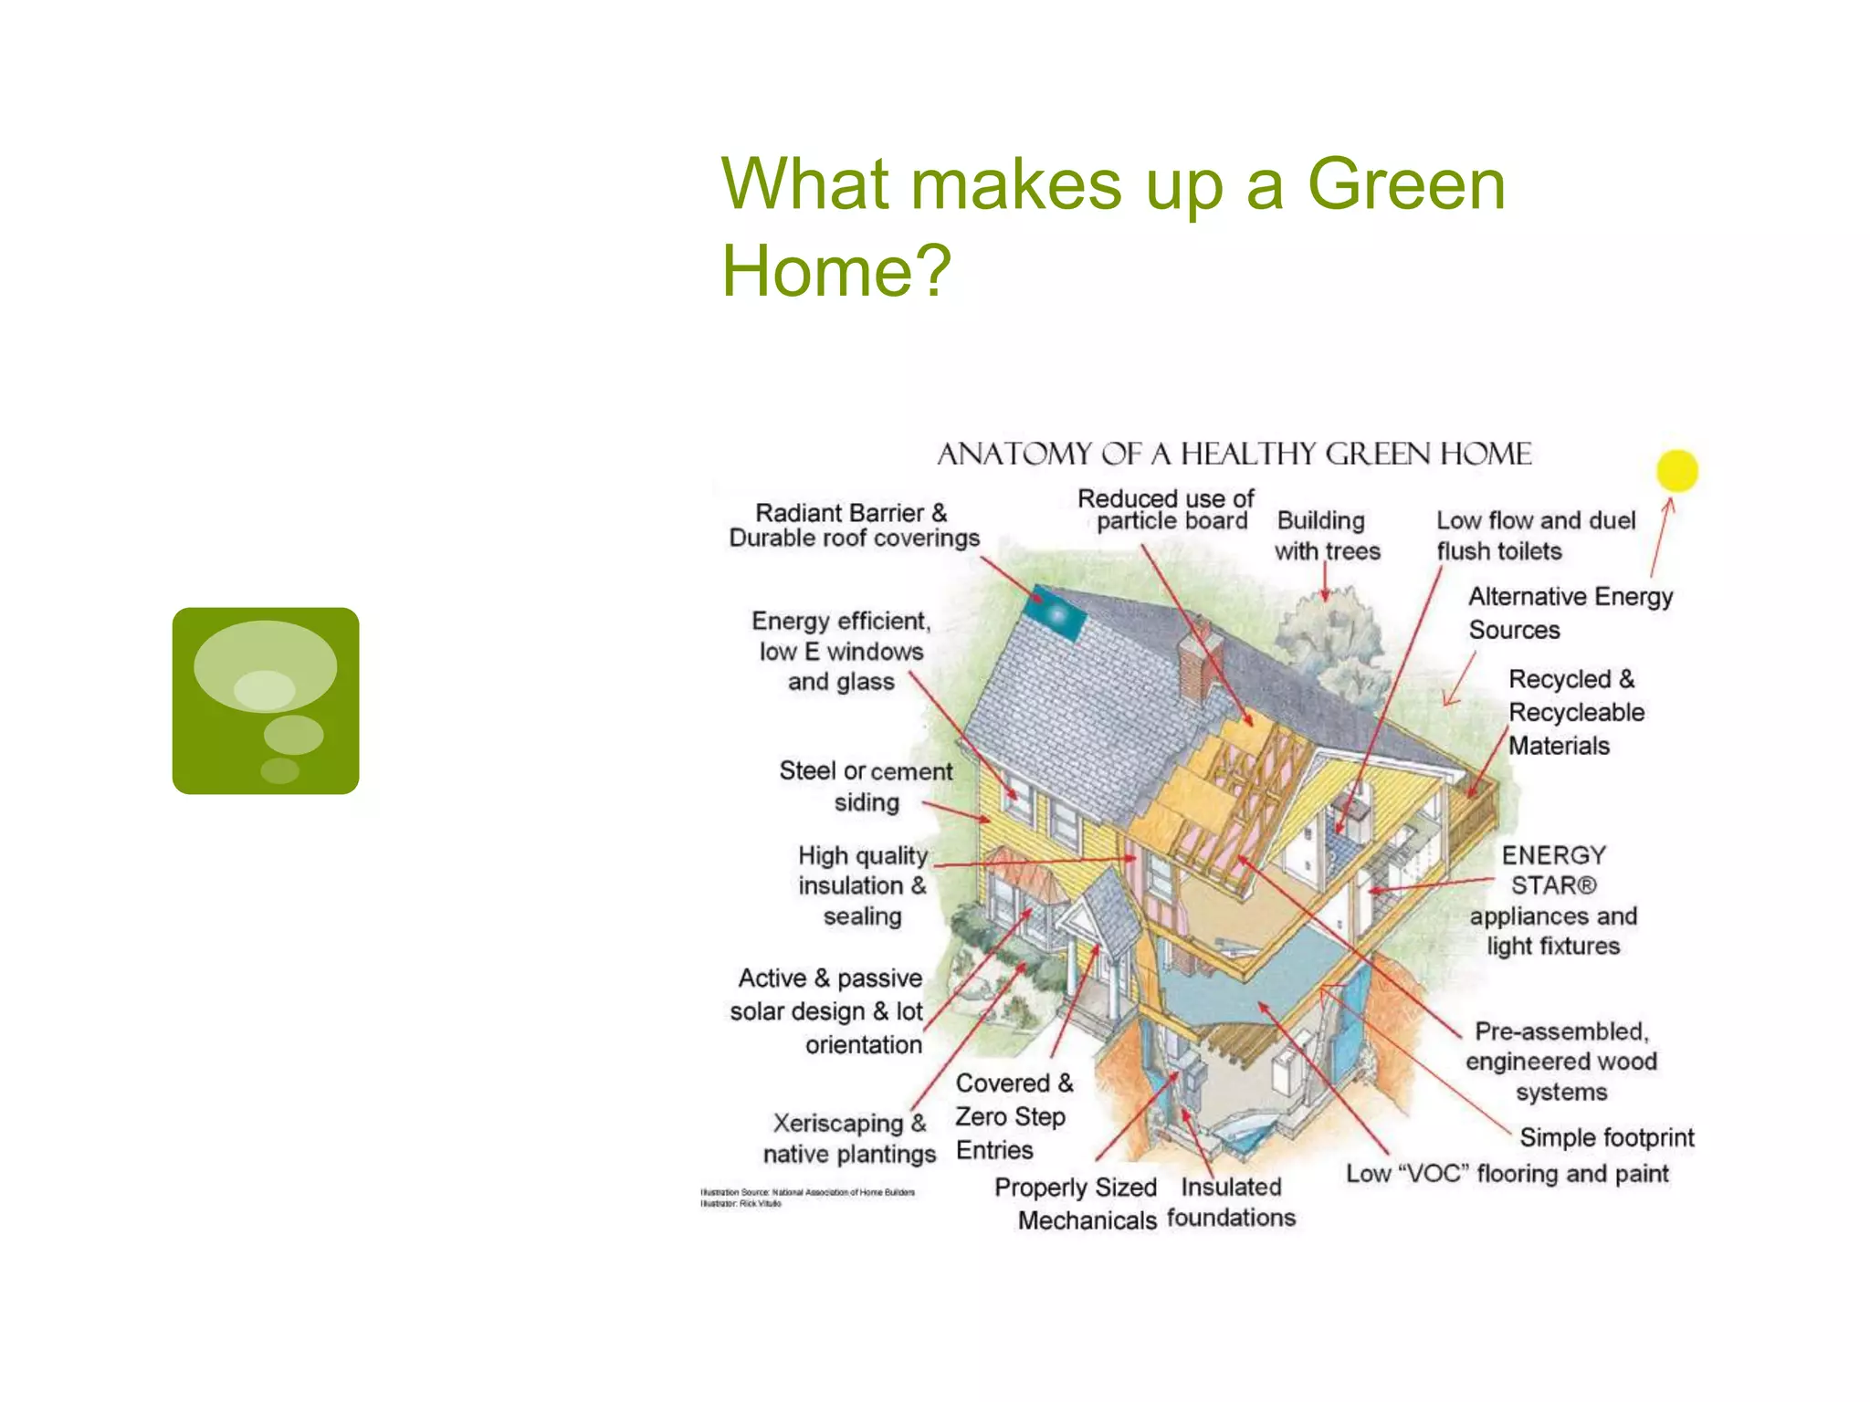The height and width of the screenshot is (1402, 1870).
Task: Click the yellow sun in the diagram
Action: [1676, 471]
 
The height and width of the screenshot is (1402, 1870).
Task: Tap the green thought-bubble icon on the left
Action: [266, 700]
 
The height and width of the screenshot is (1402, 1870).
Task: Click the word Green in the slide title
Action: [1406, 184]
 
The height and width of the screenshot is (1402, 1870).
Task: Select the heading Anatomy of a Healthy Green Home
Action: [1234, 454]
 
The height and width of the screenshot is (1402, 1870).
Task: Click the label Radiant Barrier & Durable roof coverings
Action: [853, 526]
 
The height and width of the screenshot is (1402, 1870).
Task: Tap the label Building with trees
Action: [1326, 536]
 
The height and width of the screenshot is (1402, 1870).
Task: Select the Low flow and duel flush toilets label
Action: [1535, 536]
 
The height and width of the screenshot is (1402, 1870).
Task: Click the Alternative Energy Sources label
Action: [1569, 612]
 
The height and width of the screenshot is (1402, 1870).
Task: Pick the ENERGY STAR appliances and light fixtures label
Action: [1552, 900]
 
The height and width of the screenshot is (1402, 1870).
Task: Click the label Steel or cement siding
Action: [865, 786]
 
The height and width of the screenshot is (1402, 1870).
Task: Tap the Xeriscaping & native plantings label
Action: [849, 1138]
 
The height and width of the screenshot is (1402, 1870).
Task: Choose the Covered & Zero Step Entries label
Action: [1013, 1116]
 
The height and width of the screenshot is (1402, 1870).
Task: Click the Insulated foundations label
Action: [1231, 1202]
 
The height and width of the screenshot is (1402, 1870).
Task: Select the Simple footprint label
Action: [1606, 1137]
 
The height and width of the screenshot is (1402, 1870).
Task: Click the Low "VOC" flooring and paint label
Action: [1507, 1174]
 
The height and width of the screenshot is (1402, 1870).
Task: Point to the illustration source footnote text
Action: [807, 1197]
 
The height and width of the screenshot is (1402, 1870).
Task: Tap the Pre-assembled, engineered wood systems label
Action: [1560, 1062]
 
